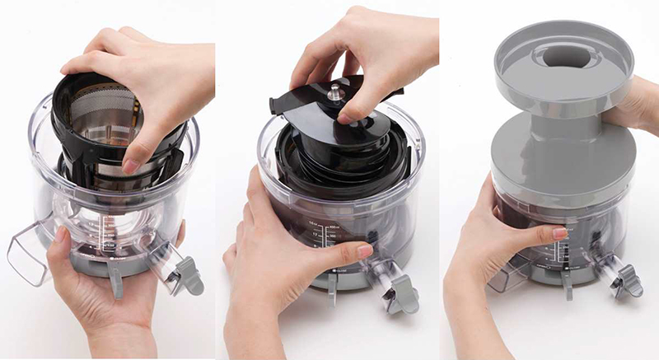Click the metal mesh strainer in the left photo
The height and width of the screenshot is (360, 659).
pos(107,132)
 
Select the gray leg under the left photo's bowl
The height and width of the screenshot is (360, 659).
pos(115,280)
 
